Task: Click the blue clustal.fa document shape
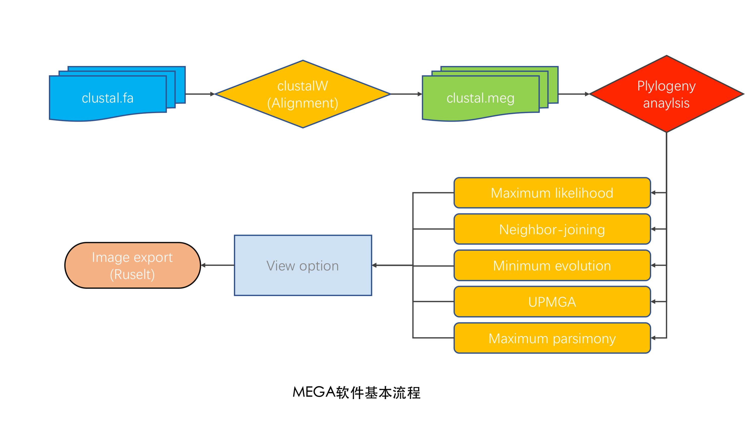(x=108, y=98)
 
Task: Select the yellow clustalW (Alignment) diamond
(x=303, y=94)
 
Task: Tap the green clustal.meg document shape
(x=480, y=98)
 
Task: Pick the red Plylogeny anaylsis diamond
(x=666, y=94)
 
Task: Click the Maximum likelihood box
(x=552, y=193)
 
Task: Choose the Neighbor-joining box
(x=552, y=229)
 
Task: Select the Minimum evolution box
(x=552, y=266)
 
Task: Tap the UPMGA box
(x=552, y=302)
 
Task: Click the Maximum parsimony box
(x=552, y=338)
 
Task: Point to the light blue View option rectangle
(x=303, y=266)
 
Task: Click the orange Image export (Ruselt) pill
(x=132, y=266)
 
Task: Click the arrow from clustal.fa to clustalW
(x=200, y=94)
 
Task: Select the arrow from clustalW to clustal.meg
(x=406, y=94)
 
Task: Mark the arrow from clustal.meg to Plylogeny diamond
(x=573, y=94)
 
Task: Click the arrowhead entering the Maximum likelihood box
(x=654, y=193)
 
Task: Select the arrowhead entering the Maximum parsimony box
(x=654, y=338)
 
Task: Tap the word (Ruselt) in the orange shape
(x=132, y=275)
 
